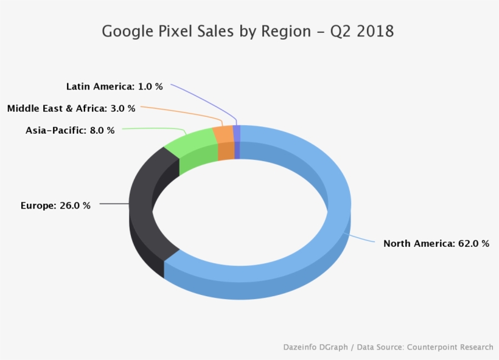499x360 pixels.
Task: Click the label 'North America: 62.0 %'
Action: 436,243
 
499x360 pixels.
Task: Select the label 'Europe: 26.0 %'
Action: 55,206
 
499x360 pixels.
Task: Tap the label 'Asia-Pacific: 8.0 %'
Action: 70,130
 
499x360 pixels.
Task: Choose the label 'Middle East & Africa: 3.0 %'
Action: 71,108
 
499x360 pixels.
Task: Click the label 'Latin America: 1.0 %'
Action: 114,86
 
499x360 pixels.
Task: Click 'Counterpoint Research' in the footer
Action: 450,347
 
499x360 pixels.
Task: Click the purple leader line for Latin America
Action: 201,99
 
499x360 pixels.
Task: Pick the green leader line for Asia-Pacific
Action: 152,128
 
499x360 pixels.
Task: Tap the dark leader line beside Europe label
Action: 114,204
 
